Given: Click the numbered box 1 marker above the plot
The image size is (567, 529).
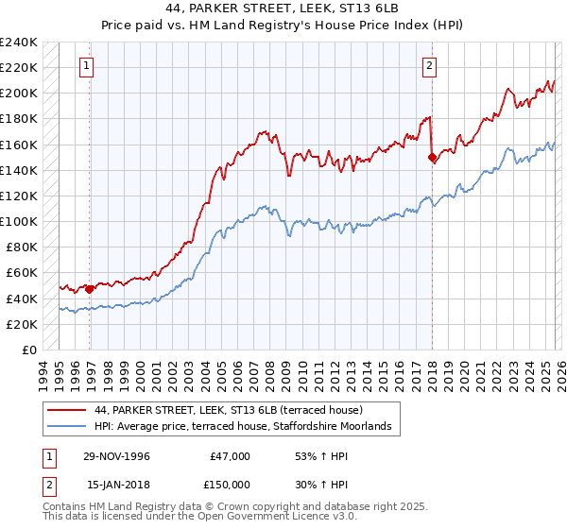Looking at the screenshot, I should (87, 66).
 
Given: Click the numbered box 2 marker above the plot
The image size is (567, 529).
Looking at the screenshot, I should (429, 66).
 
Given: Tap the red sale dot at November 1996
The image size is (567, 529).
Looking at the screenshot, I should (90, 289).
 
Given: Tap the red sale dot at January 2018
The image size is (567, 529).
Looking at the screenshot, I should (432, 158).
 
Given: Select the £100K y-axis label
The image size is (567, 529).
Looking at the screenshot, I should (19, 221).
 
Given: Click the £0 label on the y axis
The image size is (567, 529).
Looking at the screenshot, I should (28, 350).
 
